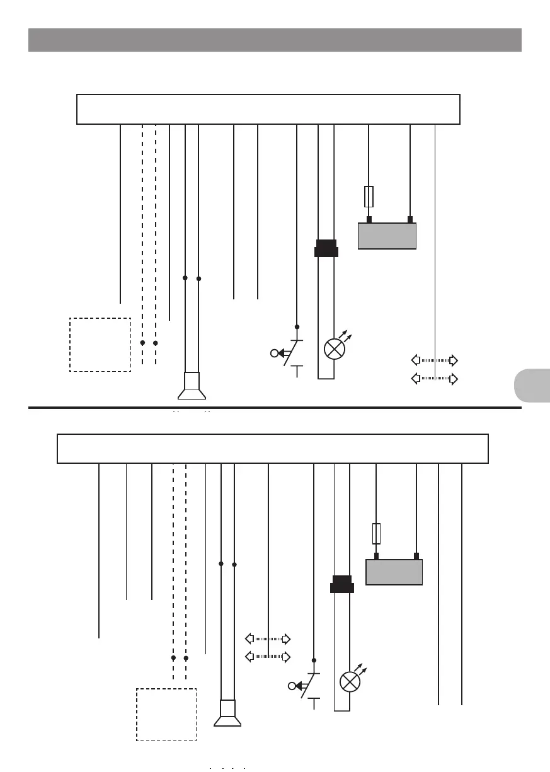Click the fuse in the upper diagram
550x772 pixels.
369,197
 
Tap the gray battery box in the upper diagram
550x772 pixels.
387,236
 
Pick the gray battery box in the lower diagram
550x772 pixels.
394,572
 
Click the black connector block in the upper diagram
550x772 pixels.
326,248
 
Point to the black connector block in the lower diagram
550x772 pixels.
342,584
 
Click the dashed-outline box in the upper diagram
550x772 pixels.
100,345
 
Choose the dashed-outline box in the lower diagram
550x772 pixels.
166,715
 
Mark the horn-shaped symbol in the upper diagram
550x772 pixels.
192,386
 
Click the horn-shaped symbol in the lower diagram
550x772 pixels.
227,714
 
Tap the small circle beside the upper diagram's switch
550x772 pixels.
274,353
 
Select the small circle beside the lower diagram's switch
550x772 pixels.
291,686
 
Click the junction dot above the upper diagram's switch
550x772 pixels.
297,327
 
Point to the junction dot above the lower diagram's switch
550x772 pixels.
314,660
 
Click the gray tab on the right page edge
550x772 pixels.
532,386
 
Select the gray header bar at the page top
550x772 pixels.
275,40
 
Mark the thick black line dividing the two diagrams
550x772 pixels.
275,408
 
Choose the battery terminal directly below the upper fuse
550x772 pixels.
369,219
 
